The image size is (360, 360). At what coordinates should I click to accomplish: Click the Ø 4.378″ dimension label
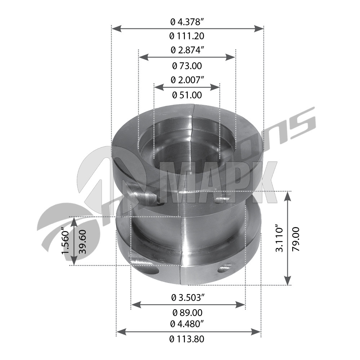[187, 22]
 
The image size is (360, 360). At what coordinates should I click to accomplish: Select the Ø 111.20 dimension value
[187, 36]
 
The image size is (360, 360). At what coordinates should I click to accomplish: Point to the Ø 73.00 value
[187, 66]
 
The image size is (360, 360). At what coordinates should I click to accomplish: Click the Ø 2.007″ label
[187, 80]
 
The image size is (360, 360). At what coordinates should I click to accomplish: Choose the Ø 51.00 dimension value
[187, 95]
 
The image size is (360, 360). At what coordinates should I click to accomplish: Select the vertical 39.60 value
[82, 242]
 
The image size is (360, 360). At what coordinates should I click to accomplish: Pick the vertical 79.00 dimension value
[296, 239]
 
